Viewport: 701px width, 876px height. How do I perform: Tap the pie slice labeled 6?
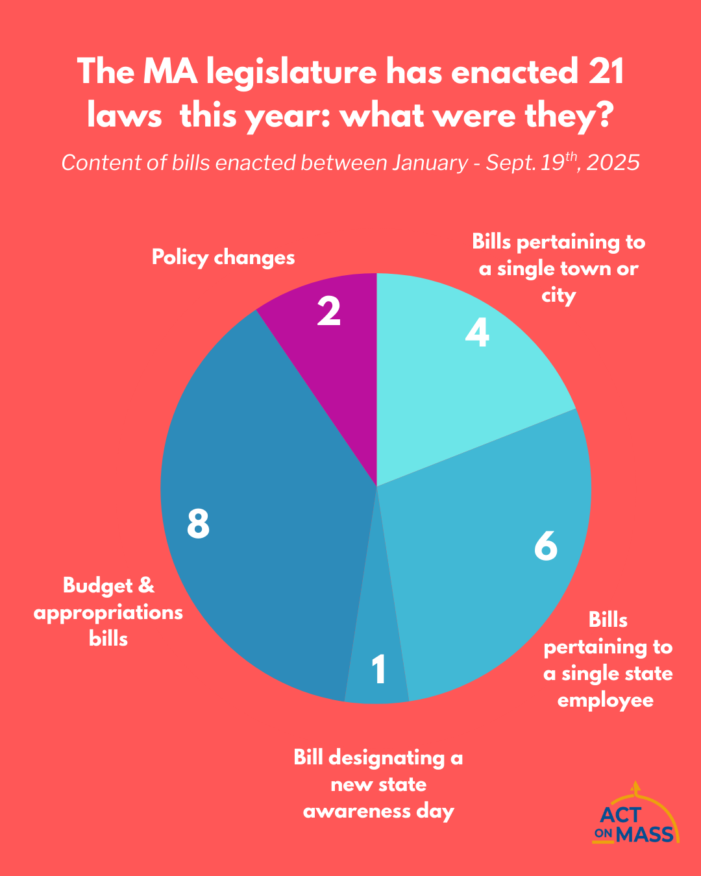point(493,571)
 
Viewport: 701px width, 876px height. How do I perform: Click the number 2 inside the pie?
point(329,311)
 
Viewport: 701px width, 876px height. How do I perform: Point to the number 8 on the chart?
point(198,524)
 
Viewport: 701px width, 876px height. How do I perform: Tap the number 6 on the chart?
point(546,546)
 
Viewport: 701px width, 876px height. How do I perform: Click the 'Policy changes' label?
point(223,258)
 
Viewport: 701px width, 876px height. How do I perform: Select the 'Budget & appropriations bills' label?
point(108,612)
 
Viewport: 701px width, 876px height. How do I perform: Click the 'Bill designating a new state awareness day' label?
point(378,784)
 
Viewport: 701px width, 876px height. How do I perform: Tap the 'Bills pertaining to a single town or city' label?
point(559,269)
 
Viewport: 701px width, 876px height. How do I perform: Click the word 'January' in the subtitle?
point(429,162)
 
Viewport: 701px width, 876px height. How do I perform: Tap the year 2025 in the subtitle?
point(615,162)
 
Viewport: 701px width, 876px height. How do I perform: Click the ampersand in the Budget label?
point(147,585)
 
